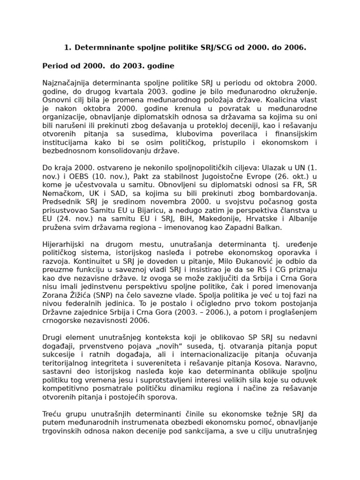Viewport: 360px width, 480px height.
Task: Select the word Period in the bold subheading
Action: (x=54, y=66)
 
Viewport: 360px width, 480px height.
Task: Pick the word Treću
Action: (x=52, y=414)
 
